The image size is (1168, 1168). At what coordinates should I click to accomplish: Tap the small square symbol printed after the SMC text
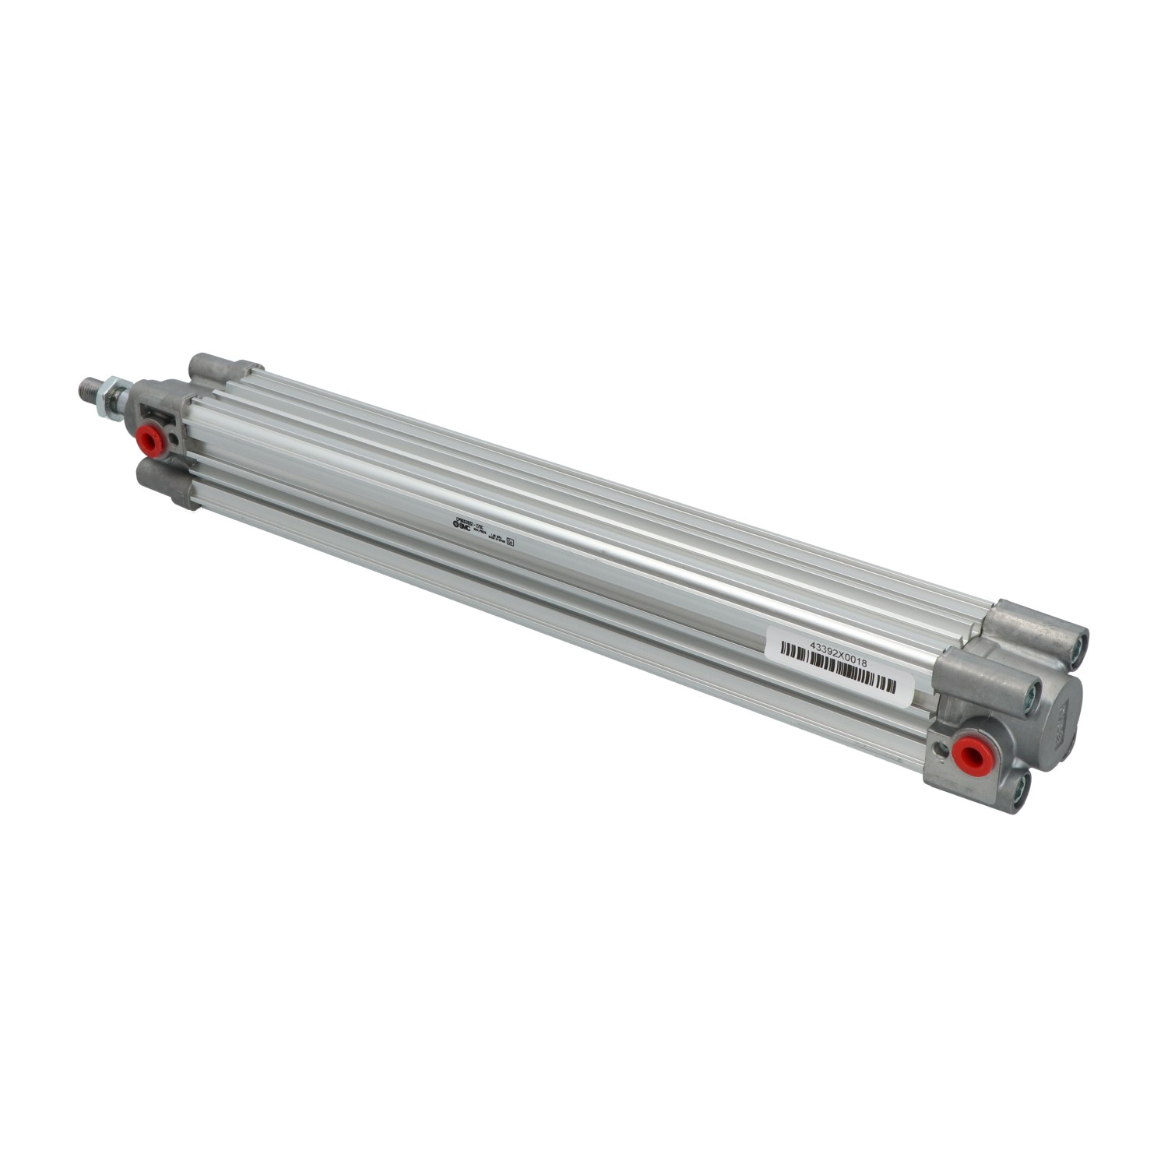(x=511, y=544)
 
